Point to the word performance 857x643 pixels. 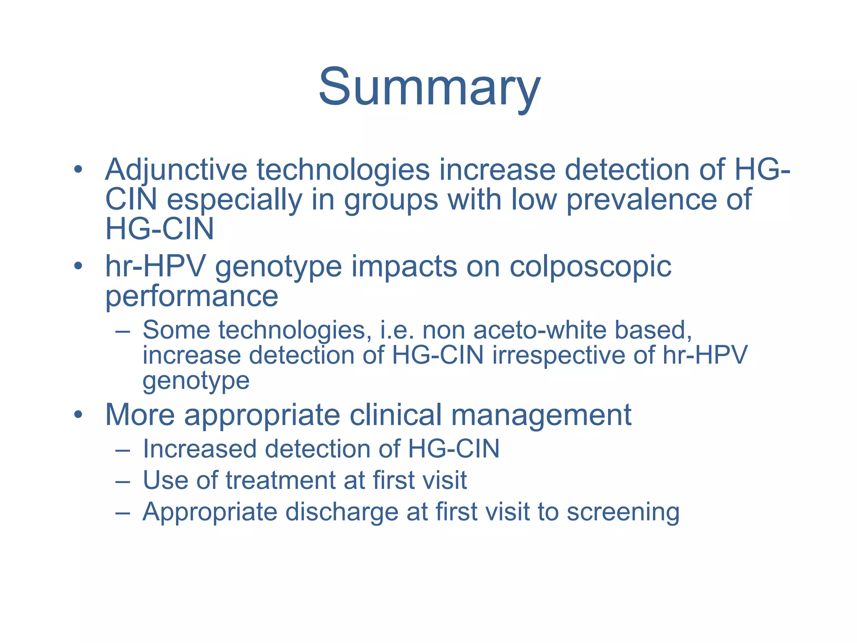click(x=191, y=296)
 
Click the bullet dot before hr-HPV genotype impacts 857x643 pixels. click(x=78, y=266)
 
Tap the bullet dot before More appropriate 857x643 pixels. click(x=78, y=415)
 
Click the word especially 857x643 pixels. click(x=234, y=200)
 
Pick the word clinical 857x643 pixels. click(x=395, y=415)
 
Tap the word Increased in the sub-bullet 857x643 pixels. click(x=199, y=449)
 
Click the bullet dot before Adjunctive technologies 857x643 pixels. click(x=78, y=170)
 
